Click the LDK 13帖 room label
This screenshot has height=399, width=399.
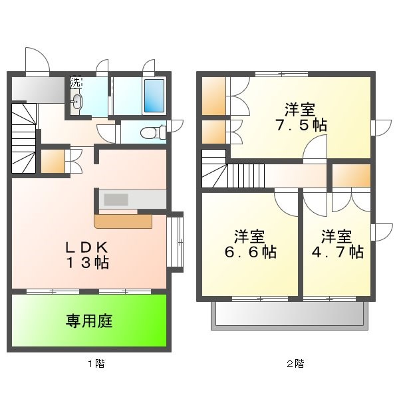coord(87,253)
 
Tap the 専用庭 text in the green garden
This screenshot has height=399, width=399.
coord(88,321)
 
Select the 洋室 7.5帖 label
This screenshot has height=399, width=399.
coord(300,116)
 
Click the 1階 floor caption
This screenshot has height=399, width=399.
coord(95,364)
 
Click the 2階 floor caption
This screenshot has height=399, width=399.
coord(295,364)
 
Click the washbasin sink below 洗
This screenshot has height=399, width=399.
coord(78,102)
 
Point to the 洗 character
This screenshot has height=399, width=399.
coord(76,83)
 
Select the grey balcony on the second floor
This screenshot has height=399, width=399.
coord(289,317)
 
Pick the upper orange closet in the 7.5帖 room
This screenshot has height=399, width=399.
coord(213,96)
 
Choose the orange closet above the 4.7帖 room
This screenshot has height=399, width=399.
coord(350,175)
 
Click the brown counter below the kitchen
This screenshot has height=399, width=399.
coord(123,220)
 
